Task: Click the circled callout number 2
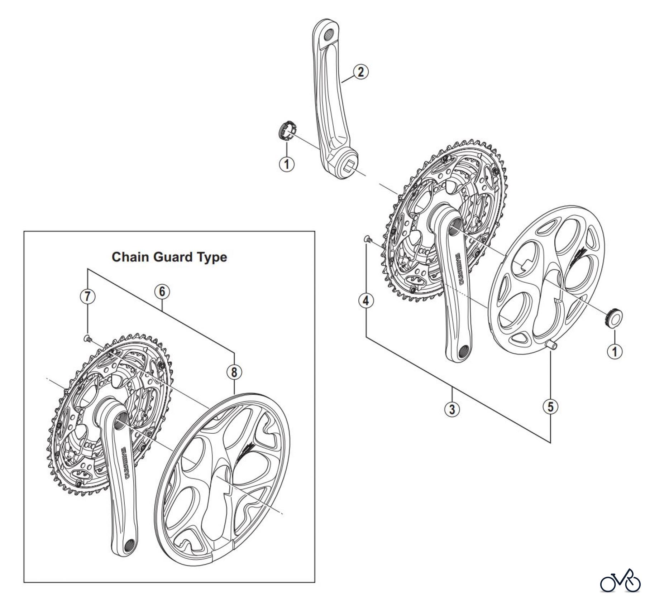click(x=360, y=72)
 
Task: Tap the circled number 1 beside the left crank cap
click(x=287, y=164)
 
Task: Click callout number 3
click(x=452, y=409)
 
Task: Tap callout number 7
click(x=87, y=297)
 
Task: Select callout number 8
click(x=234, y=372)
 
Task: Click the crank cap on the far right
click(x=613, y=317)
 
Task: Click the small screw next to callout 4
click(x=368, y=239)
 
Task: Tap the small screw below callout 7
click(x=87, y=338)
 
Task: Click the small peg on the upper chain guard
click(x=552, y=345)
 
